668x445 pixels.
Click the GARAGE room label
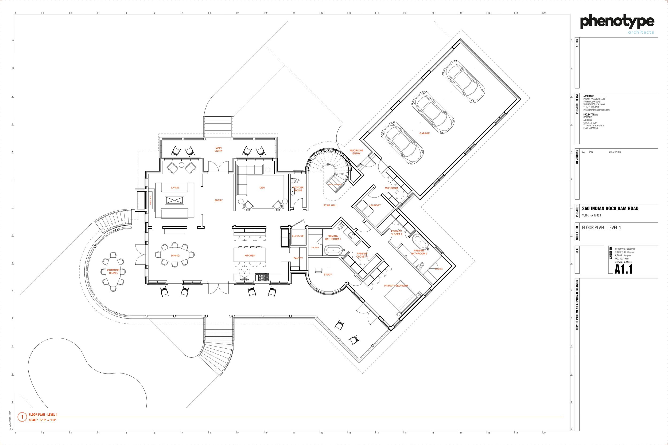pyautogui.click(x=424, y=133)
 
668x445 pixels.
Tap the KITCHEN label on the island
pyautogui.click(x=250, y=255)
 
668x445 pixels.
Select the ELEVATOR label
pyautogui.click(x=298, y=236)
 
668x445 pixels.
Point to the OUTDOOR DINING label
pyautogui.click(x=113, y=271)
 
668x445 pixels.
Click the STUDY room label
pyautogui.click(x=328, y=274)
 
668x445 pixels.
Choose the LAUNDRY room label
pyautogui.click(x=375, y=205)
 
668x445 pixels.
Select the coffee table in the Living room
pyautogui.click(x=174, y=200)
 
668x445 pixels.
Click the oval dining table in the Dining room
pyautogui.click(x=175, y=255)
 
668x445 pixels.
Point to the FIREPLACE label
pyautogui.click(x=150, y=200)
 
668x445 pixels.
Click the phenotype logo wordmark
pyautogui.click(x=617, y=22)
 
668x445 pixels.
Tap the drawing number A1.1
pyautogui.click(x=623, y=269)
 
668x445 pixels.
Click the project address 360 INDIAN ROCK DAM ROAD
pyautogui.click(x=610, y=208)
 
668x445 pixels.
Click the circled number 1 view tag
pyautogui.click(x=22, y=417)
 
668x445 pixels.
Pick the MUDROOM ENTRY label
pyautogui.click(x=356, y=152)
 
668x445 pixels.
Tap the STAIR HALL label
pyautogui.click(x=330, y=205)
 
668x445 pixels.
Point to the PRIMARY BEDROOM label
pyautogui.click(x=396, y=286)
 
